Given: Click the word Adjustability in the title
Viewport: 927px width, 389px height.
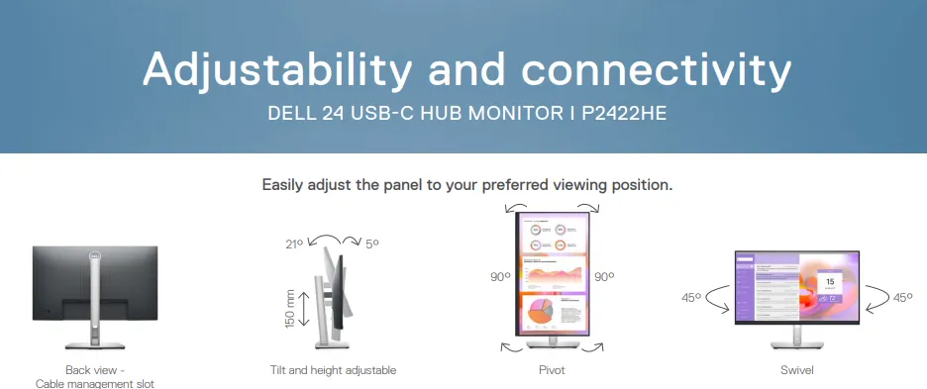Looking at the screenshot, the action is click(x=276, y=70).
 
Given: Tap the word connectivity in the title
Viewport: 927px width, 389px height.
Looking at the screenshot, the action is click(x=656, y=70).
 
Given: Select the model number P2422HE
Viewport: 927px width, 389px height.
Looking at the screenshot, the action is click(x=624, y=114).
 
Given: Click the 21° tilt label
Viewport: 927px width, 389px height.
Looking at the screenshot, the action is click(x=294, y=243).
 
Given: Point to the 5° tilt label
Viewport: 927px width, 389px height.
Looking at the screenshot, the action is click(x=371, y=243).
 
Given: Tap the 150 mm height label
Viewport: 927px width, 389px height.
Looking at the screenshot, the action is click(x=289, y=309).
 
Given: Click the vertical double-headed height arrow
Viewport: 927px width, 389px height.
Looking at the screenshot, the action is click(x=304, y=308).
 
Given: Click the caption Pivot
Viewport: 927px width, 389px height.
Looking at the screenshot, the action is click(x=552, y=370).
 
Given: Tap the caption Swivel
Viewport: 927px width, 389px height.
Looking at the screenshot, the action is click(x=797, y=370).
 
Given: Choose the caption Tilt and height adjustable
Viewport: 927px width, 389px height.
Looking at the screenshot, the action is click(x=333, y=370).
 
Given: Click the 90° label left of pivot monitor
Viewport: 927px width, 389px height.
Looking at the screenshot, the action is click(x=500, y=277).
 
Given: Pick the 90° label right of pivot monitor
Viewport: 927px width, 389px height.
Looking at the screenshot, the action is click(x=604, y=277).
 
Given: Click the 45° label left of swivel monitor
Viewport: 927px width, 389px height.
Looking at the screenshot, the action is click(x=691, y=297).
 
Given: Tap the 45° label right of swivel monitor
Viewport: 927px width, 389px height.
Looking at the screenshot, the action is click(x=903, y=297).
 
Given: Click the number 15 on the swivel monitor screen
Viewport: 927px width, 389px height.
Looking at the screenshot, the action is click(x=830, y=282).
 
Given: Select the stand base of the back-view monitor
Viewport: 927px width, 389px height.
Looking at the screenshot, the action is click(x=95, y=345).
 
